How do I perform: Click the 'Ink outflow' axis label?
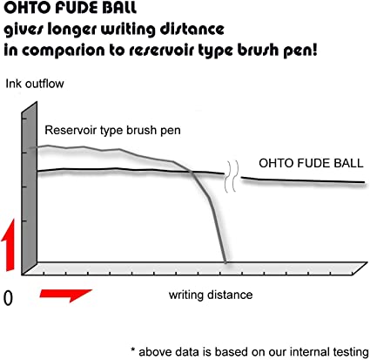(x=35, y=84)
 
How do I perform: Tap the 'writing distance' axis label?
(x=211, y=295)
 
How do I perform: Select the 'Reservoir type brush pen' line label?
(x=112, y=130)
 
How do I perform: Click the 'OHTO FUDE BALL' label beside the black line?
(x=311, y=163)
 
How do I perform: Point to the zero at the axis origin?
(x=8, y=298)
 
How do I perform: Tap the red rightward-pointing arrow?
(x=66, y=295)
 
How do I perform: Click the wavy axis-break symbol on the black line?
(x=232, y=176)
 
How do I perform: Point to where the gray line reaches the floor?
(x=225, y=262)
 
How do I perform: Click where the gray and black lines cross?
(x=192, y=173)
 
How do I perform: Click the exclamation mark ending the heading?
(x=314, y=50)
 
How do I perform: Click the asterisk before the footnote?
(x=133, y=350)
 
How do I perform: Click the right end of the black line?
(x=364, y=182)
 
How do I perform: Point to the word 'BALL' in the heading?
(x=119, y=7)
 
